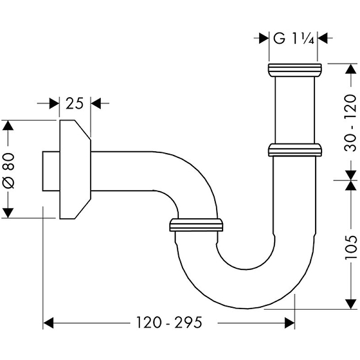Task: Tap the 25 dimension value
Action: pos(75,103)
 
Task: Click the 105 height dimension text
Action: pos(351,247)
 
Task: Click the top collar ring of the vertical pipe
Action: pos(295,68)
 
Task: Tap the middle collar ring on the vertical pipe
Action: pos(295,149)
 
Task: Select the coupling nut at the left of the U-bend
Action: pos(196,225)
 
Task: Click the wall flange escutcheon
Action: pos(74,169)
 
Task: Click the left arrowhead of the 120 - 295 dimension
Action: pos(48,323)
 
